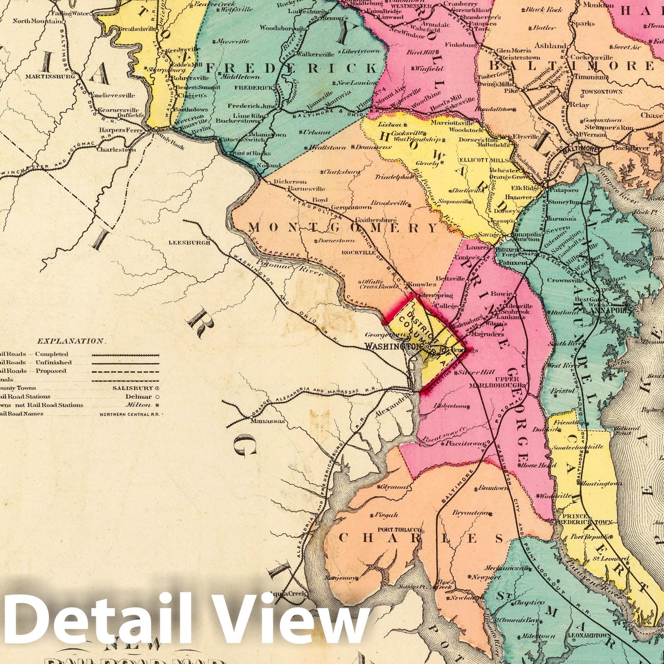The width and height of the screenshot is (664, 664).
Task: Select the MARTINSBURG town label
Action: coord(49,77)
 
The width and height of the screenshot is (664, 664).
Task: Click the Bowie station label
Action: coord(500,293)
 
